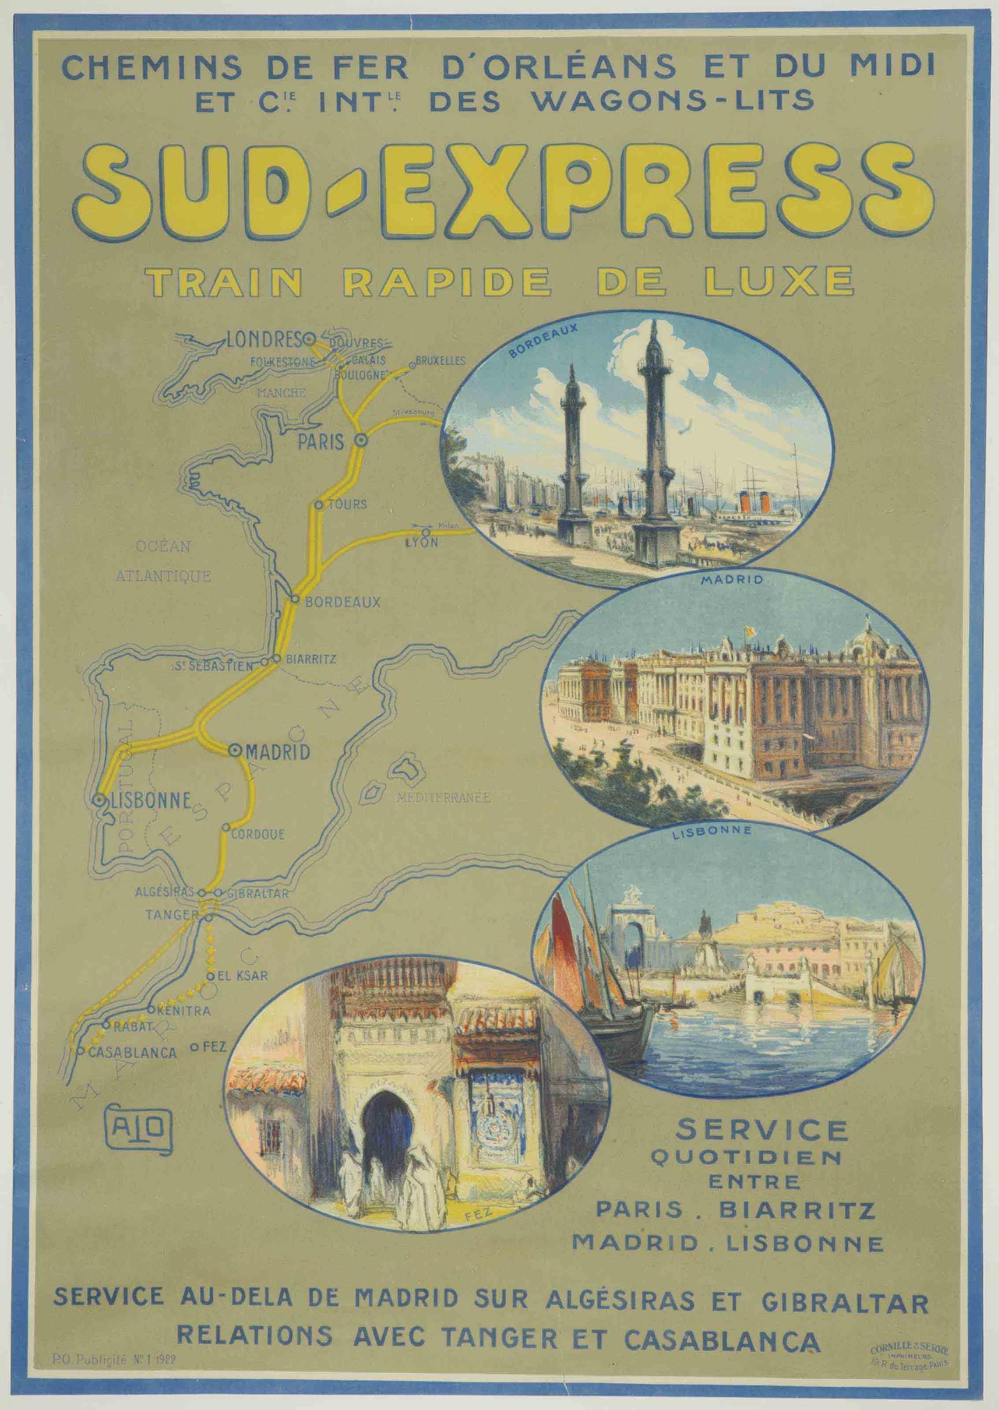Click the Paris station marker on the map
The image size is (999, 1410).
pyautogui.click(x=361, y=440)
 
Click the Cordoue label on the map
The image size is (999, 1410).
pyautogui.click(x=258, y=835)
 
